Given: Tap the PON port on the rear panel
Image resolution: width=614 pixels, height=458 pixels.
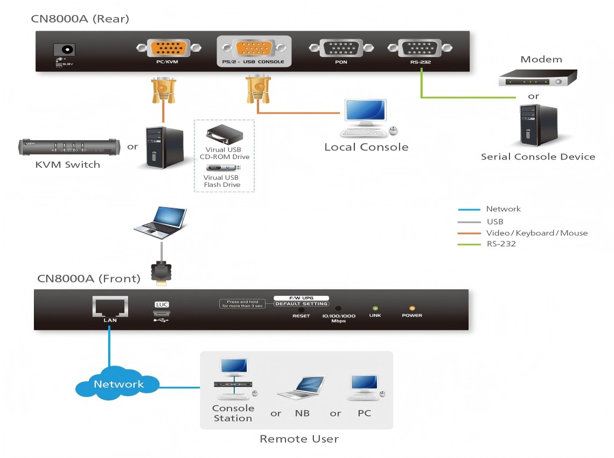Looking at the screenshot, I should (340, 48).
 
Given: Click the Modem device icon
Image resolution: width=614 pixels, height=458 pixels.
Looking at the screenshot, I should (536, 79).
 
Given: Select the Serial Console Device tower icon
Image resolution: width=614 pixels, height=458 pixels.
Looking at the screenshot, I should (538, 125).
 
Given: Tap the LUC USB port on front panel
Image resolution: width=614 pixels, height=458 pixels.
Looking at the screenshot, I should (162, 314).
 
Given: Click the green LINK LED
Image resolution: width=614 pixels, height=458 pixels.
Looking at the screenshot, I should (375, 309).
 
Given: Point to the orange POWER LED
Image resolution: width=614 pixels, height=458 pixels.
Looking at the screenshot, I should (412, 309).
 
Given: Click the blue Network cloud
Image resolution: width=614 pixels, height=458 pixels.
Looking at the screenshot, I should (118, 384).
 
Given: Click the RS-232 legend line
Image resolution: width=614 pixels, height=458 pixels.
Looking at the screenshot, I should (469, 244).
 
